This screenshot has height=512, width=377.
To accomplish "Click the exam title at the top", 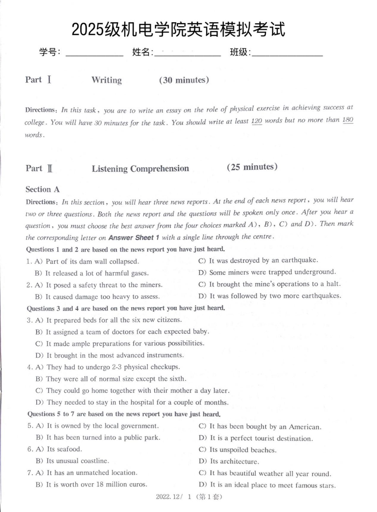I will click(178, 29).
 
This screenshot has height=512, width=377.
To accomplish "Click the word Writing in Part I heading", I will click(106, 80).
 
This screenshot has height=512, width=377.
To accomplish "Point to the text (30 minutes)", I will click(184, 80).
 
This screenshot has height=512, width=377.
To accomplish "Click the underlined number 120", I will click(256, 121).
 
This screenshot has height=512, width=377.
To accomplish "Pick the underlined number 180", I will click(348, 120).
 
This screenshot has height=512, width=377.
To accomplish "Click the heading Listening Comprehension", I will click(140, 169).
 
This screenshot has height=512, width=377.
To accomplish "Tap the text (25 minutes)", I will click(252, 167).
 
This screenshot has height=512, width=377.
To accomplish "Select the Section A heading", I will click(43, 189).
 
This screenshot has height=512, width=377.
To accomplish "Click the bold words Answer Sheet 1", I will click(134, 238).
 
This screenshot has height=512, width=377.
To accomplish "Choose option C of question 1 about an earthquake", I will click(258, 260).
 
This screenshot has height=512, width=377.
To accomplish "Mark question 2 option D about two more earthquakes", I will click(270, 296).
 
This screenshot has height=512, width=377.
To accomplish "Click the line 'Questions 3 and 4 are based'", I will click(126, 308).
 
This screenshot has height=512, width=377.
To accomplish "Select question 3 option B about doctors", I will click(122, 332).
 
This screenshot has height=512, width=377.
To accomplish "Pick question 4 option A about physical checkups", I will click(108, 367).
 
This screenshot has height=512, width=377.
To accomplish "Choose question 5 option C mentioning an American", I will click(260, 426).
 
